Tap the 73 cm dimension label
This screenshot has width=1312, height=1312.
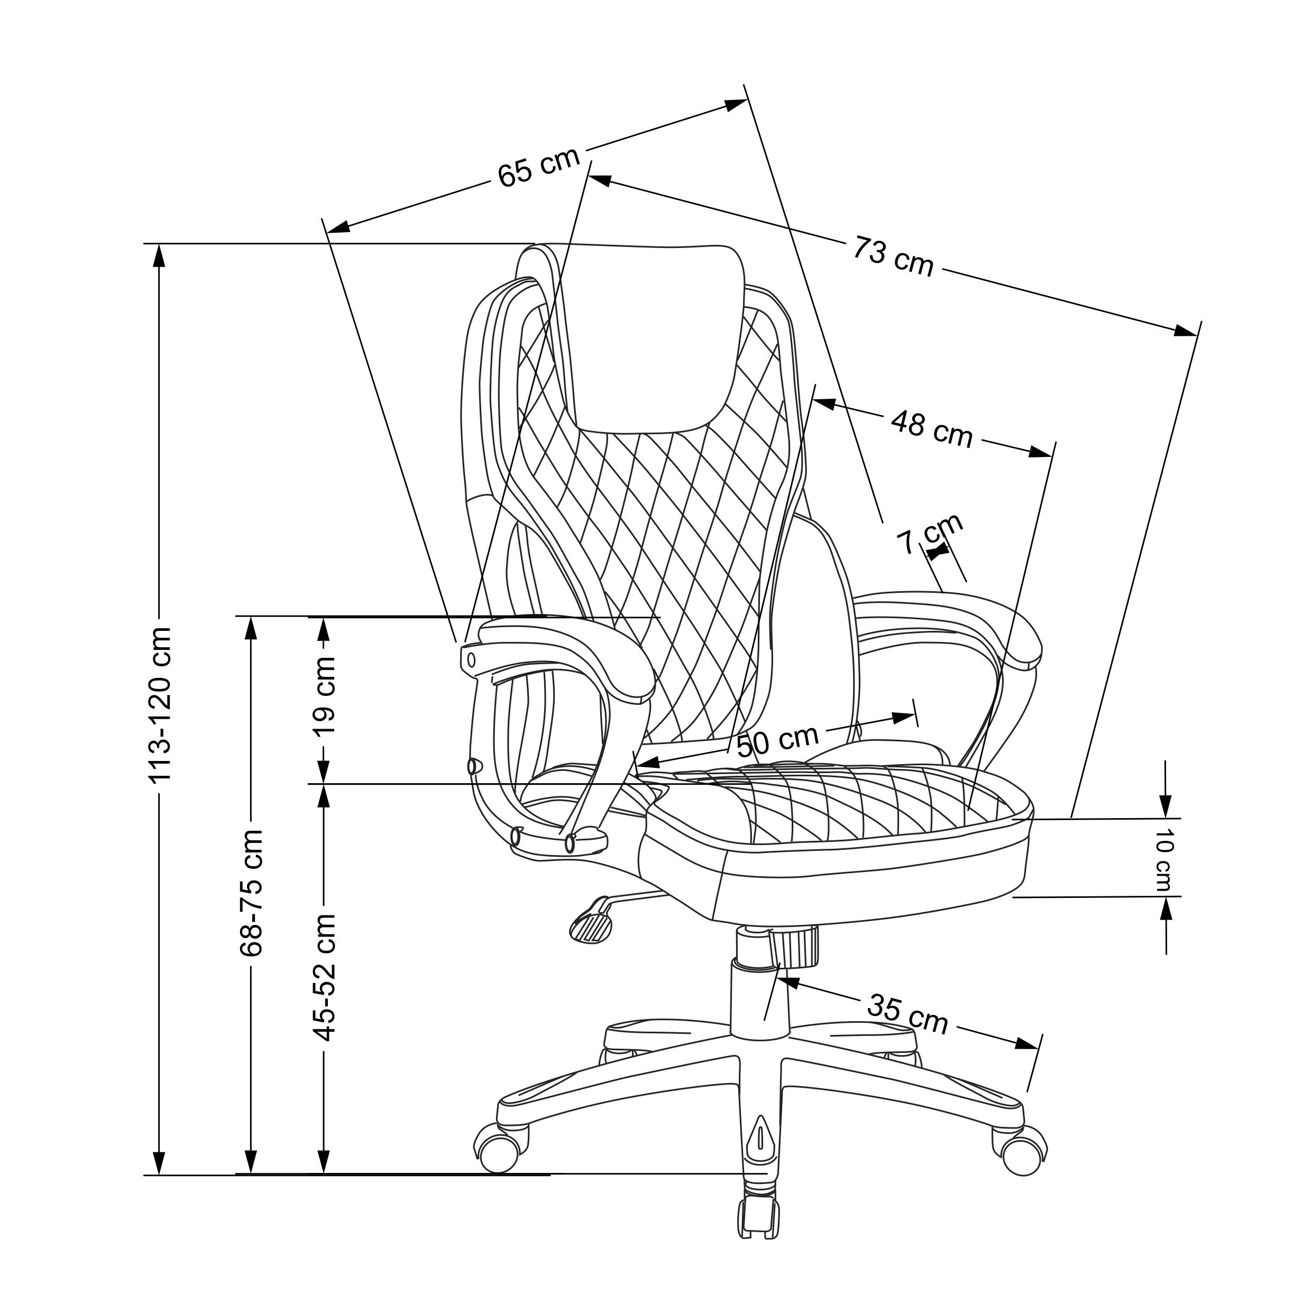894,256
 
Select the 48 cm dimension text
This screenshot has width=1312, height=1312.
932,427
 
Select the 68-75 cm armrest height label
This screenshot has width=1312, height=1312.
251,892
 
